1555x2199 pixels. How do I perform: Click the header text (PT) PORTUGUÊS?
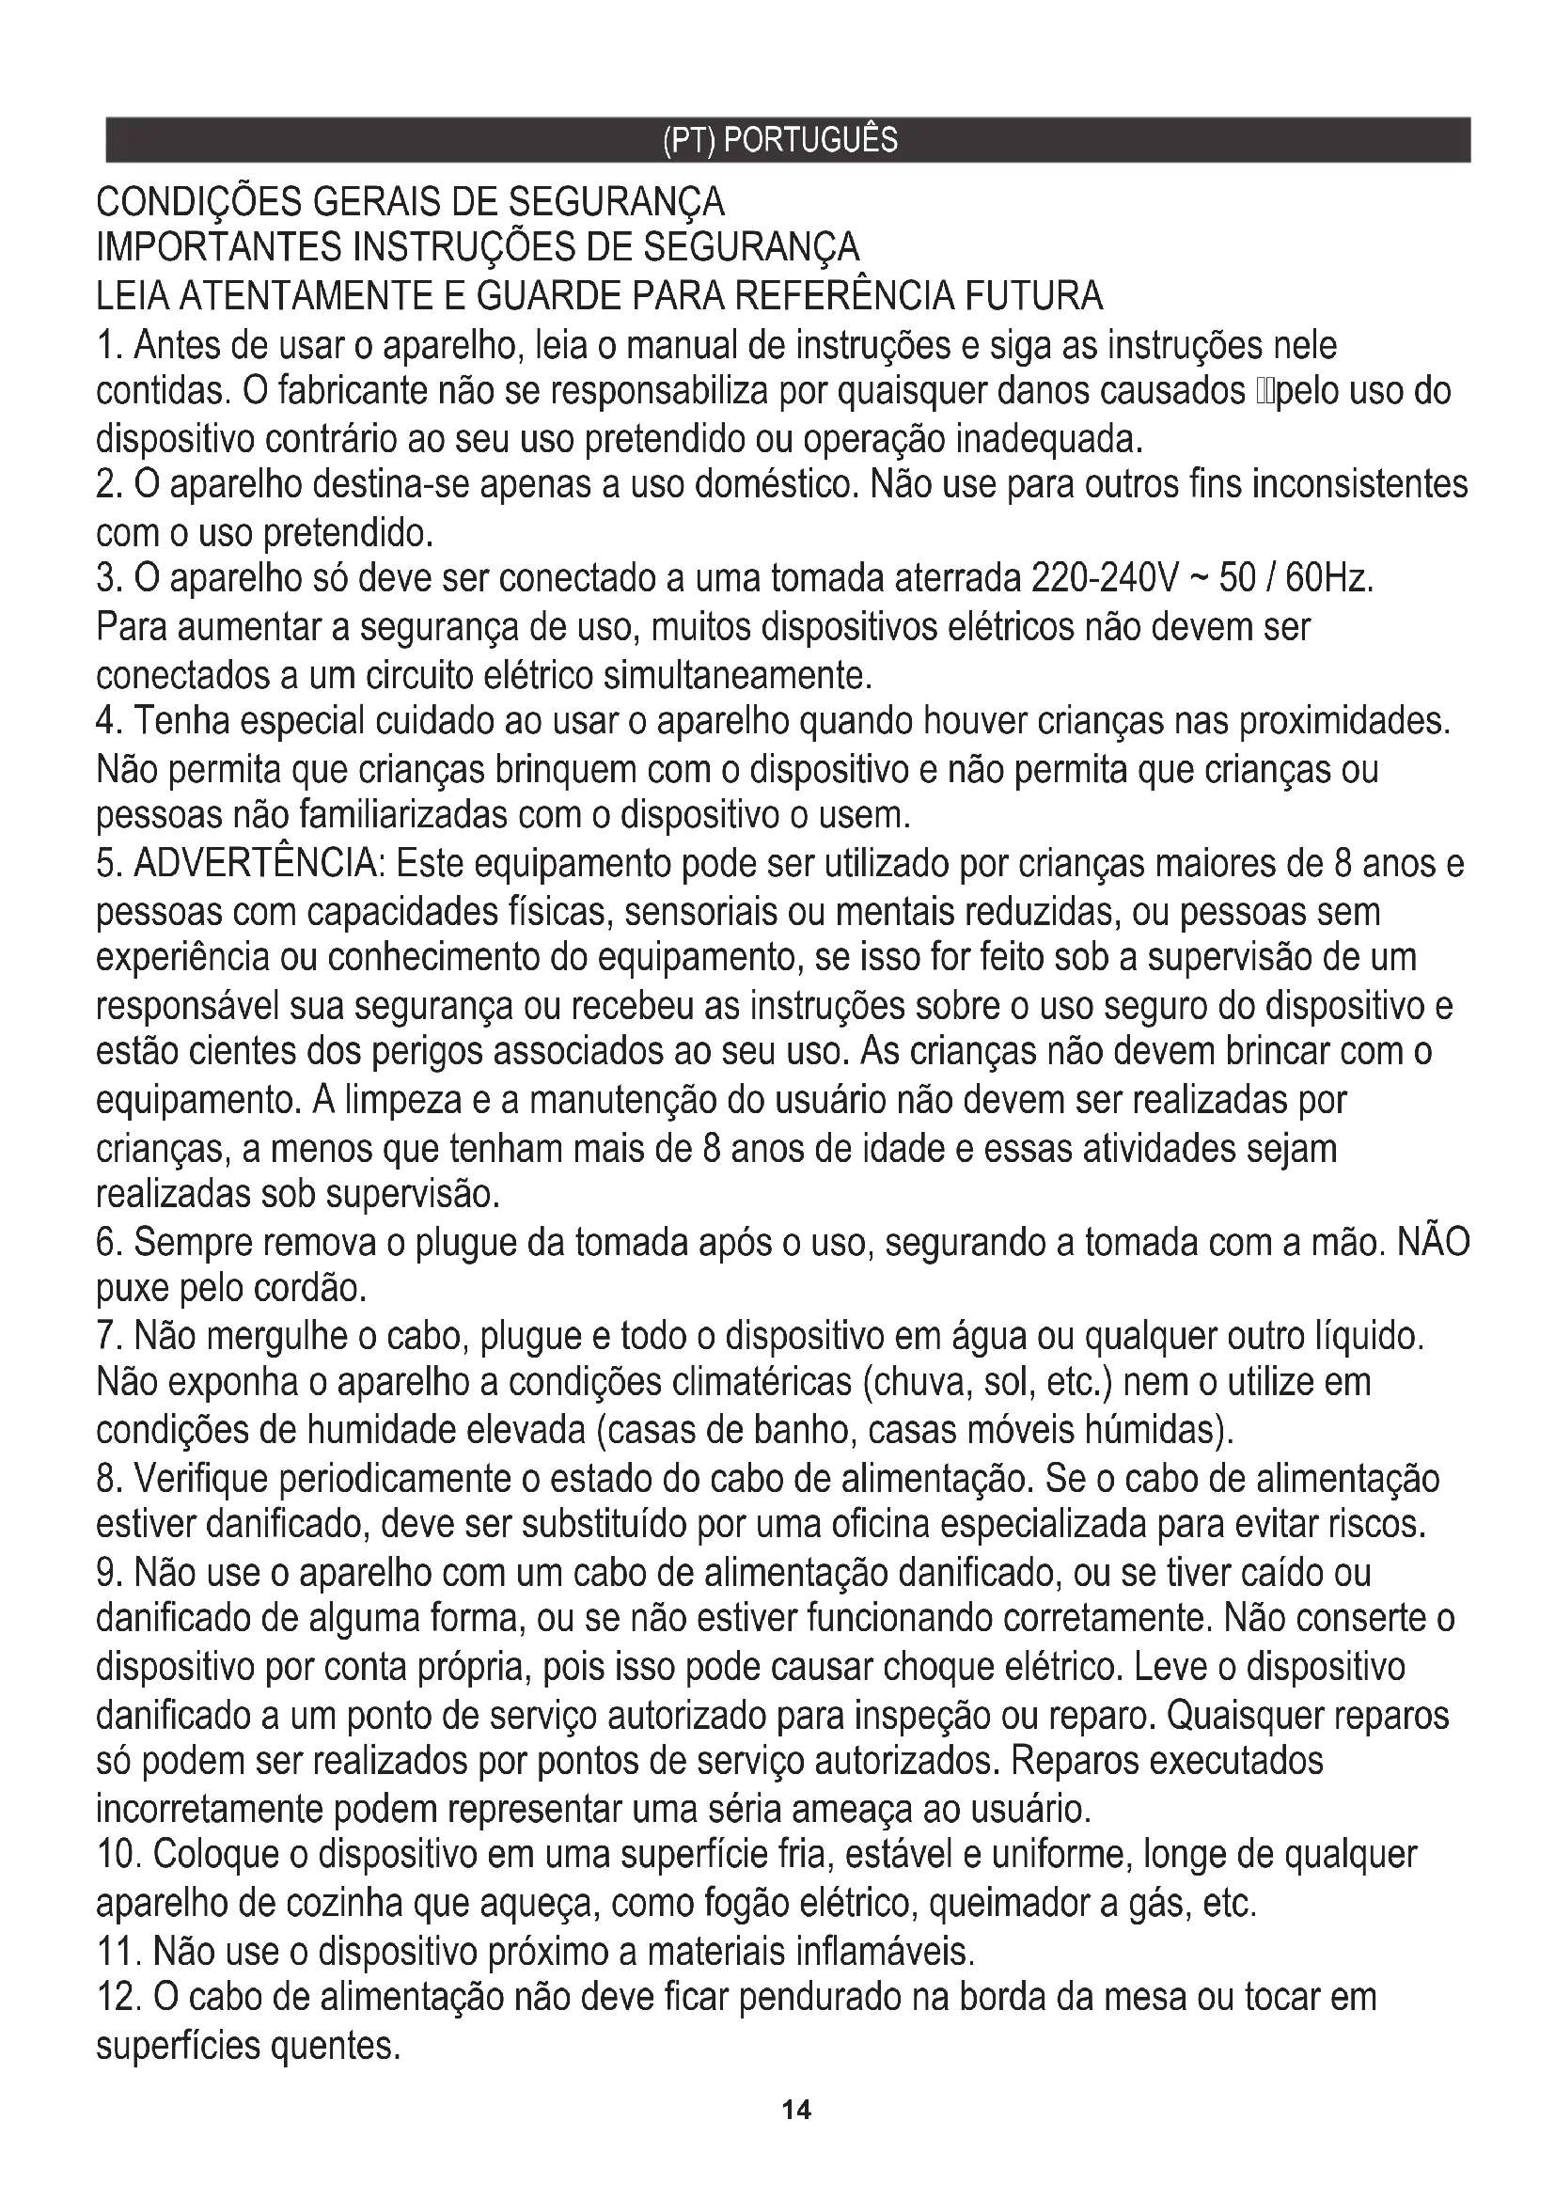click(779, 141)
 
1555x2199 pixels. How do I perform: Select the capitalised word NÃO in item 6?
click(1434, 1242)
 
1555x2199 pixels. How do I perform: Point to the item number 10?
click(118, 1855)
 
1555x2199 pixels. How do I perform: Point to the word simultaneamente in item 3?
click(737, 676)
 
